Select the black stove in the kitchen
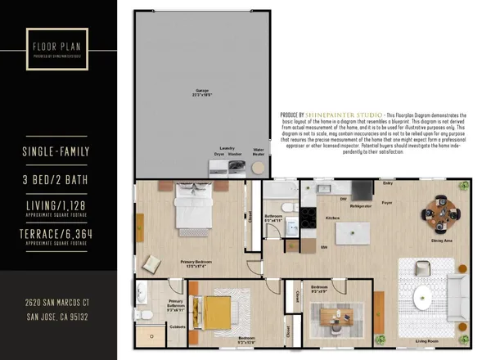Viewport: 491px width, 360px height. click(x=309, y=218)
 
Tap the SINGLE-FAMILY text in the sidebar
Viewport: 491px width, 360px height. click(x=55, y=152)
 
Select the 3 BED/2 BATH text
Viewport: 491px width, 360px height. click(x=55, y=180)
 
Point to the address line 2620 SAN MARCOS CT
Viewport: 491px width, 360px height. click(x=55, y=303)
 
